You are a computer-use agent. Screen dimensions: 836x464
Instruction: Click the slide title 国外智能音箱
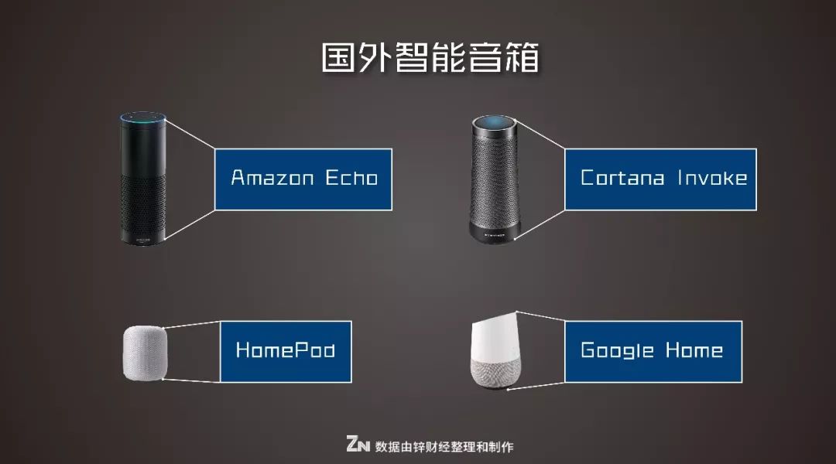[x=430, y=59]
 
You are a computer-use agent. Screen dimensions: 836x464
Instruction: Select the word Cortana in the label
[x=622, y=178]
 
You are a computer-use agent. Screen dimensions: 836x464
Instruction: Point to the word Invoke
[x=712, y=178]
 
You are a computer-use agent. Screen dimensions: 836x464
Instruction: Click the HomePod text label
[x=285, y=350]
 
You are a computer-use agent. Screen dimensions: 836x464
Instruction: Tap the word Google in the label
[x=617, y=350]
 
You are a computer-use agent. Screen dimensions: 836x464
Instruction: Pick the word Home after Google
[x=694, y=350]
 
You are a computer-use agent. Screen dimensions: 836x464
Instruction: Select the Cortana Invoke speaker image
[x=493, y=177]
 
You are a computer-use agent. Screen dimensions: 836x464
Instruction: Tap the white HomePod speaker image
[x=144, y=353]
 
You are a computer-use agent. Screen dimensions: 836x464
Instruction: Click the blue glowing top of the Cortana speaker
[x=493, y=122]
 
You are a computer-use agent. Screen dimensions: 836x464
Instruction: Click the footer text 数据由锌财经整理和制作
[x=444, y=446]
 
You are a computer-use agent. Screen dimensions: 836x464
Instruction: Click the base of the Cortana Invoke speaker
[x=493, y=229]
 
